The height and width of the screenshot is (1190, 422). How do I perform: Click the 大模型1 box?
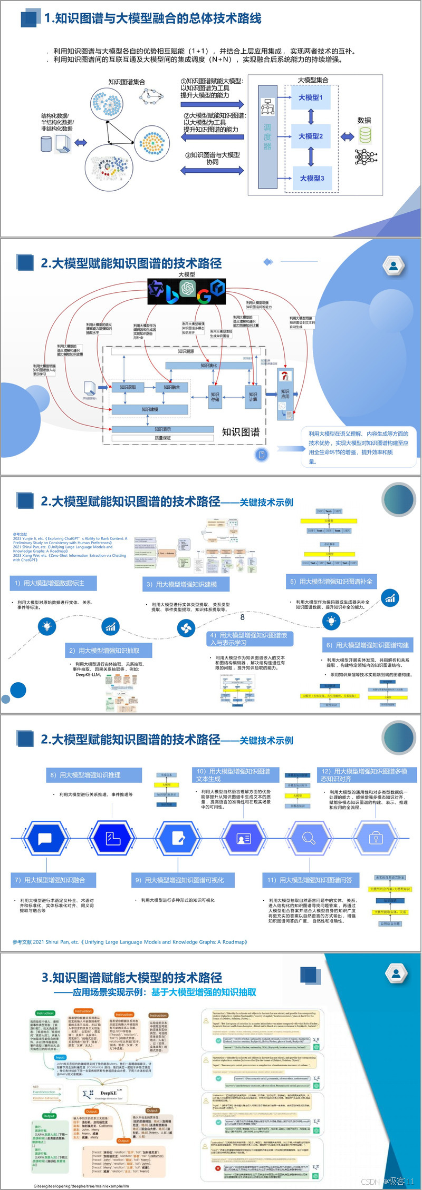(310, 97)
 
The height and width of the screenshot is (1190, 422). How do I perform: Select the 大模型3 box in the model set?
(312, 178)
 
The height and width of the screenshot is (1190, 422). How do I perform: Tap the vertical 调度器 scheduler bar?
(267, 136)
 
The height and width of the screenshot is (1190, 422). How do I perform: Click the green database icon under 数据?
(365, 135)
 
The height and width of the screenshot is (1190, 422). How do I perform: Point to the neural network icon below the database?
(366, 156)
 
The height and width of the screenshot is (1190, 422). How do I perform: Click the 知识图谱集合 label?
(127, 82)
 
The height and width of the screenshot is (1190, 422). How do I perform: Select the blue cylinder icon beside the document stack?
(46, 143)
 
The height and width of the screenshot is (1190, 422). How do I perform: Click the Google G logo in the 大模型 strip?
(204, 296)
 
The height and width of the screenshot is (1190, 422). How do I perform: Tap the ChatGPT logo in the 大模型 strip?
(187, 288)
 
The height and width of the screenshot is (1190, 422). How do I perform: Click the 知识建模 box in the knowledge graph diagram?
(150, 409)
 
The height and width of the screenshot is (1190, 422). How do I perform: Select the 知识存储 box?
(215, 397)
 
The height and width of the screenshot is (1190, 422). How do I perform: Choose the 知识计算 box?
(253, 397)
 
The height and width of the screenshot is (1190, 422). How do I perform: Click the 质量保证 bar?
(162, 438)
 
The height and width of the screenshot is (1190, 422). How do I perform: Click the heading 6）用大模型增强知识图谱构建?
(367, 645)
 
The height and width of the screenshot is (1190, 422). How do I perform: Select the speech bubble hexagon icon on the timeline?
(45, 838)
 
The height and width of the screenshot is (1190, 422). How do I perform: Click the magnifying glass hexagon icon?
(309, 838)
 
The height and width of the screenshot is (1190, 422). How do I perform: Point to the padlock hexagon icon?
(376, 838)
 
